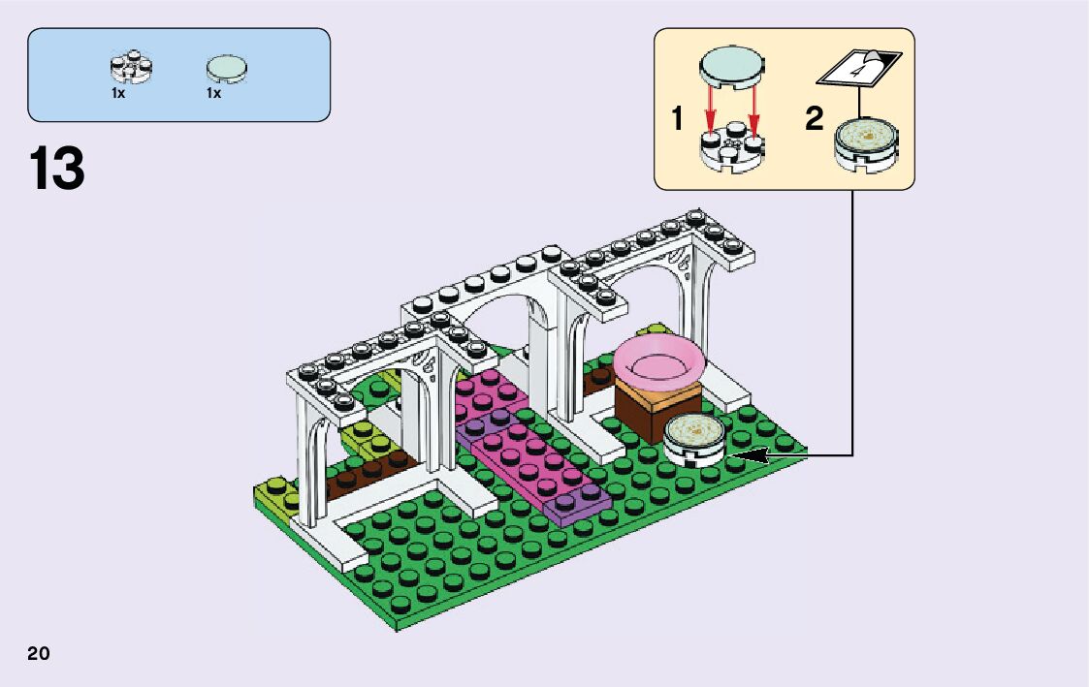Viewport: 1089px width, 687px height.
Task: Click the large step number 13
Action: click(57, 169)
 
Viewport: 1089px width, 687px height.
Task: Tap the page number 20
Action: click(39, 653)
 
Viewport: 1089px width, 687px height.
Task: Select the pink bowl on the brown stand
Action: click(656, 361)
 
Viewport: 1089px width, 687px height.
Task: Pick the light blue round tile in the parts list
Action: click(226, 68)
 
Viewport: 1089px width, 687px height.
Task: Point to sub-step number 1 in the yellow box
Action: click(677, 120)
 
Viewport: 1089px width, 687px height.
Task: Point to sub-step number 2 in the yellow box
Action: click(815, 120)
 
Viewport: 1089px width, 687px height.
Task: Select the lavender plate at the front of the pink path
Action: click(580, 504)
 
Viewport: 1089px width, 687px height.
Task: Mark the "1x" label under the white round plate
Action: click(118, 94)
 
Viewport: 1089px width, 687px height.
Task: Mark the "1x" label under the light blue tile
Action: click(213, 94)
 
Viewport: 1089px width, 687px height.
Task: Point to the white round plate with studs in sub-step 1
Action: click(729, 148)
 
